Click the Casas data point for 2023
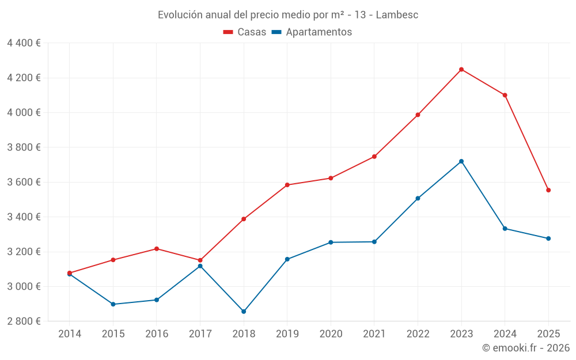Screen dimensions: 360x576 [461, 69]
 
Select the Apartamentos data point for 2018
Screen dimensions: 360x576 [244, 312]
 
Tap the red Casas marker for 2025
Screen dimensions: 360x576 [548, 190]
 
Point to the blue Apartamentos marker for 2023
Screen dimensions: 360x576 [461, 161]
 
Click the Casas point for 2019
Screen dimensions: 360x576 [287, 185]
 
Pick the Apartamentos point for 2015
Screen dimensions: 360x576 [113, 304]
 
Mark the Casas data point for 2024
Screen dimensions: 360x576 [505, 95]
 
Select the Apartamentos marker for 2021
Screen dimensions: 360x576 [374, 242]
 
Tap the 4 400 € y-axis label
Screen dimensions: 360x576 [24, 43]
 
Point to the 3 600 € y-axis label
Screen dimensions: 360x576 [24, 182]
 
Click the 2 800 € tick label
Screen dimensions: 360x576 [24, 321]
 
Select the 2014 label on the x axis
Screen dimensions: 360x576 [70, 334]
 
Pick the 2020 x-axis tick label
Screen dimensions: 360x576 [331, 334]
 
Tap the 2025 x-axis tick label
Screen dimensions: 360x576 [548, 334]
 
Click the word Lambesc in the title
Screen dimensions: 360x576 [397, 14]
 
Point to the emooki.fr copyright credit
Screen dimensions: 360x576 [526, 348]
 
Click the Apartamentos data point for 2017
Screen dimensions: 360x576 [200, 266]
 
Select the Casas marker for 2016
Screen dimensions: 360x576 [157, 249]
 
